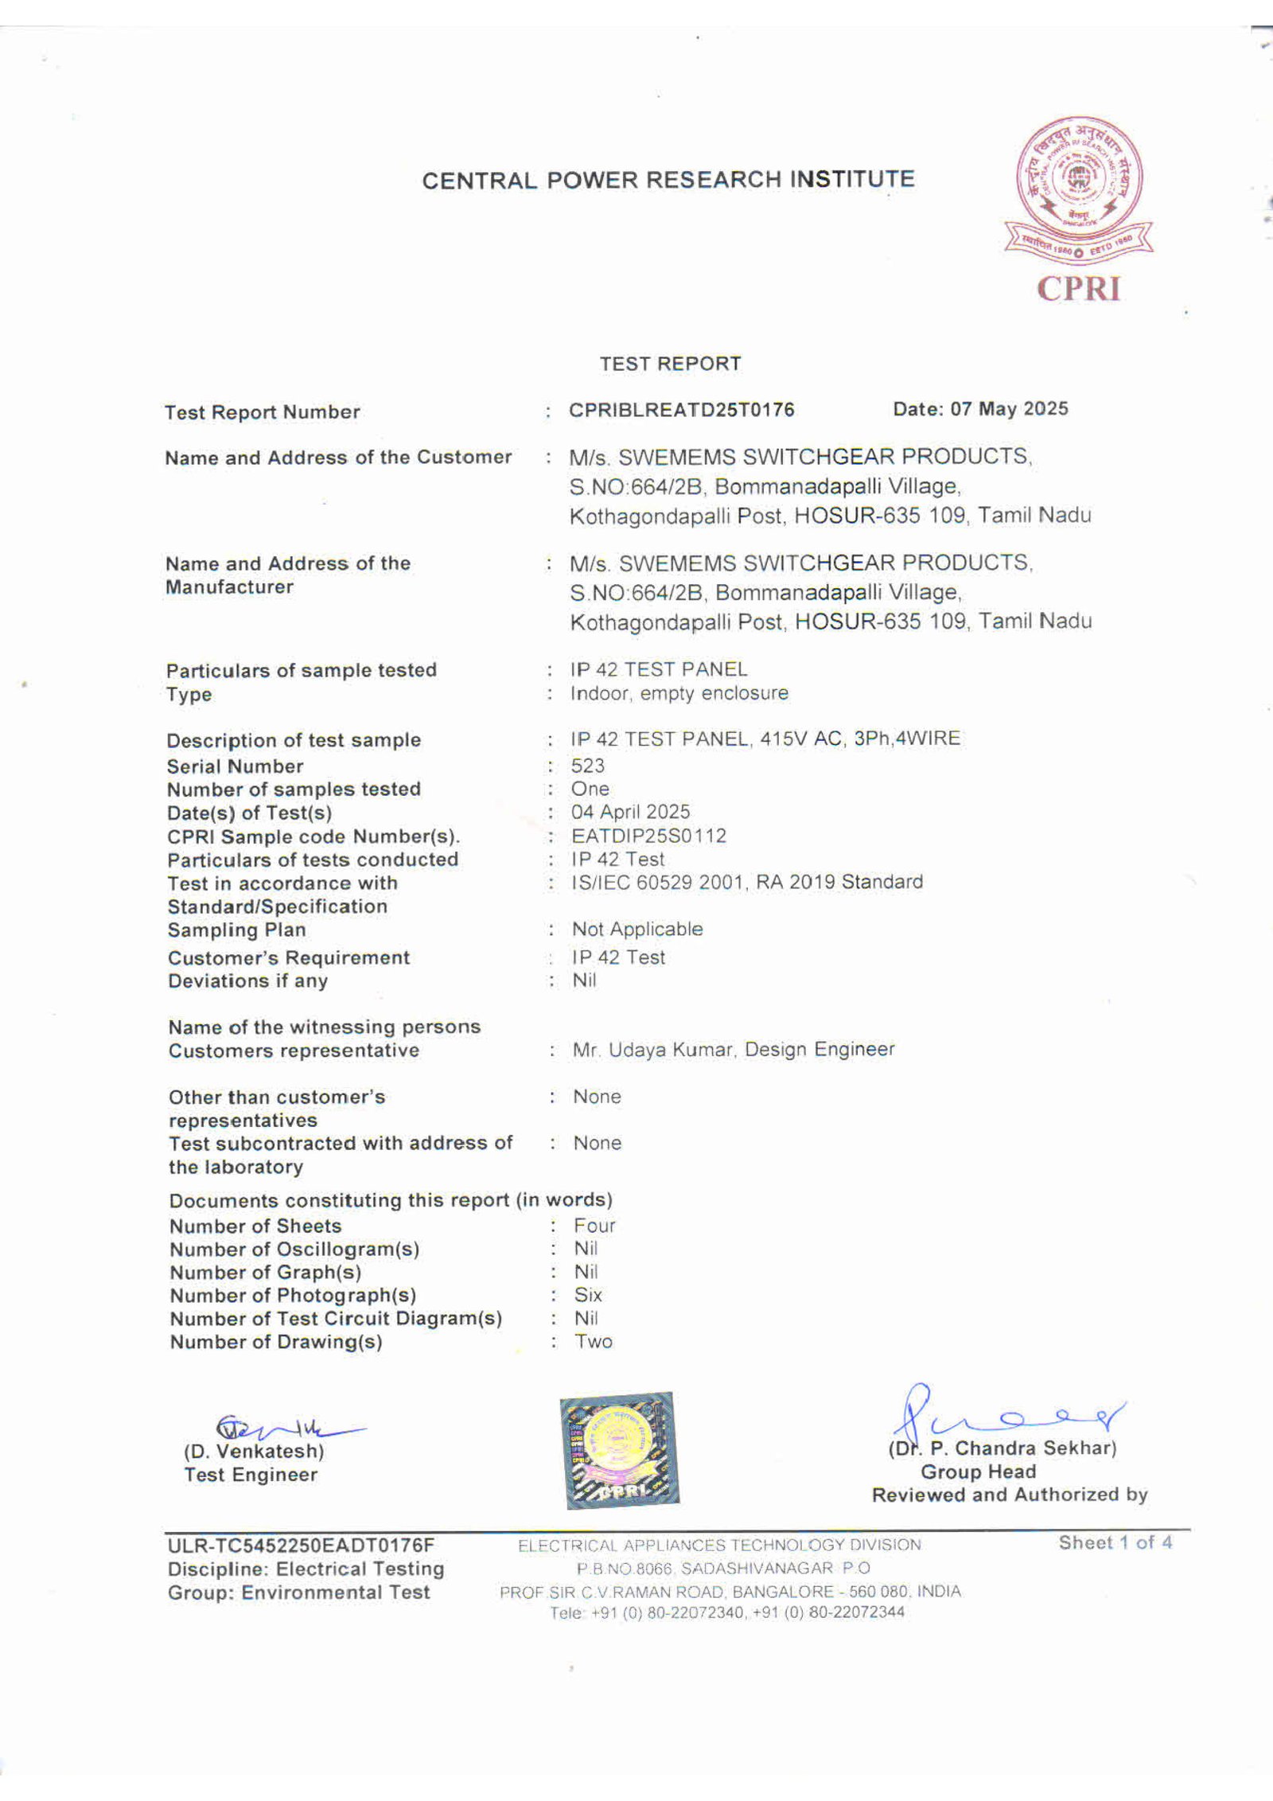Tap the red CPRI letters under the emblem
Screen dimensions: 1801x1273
pyautogui.click(x=1079, y=288)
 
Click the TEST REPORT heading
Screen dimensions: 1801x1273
pyautogui.click(x=670, y=364)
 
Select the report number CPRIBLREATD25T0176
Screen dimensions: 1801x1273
pyautogui.click(x=681, y=410)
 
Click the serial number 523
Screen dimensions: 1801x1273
pyautogui.click(x=587, y=766)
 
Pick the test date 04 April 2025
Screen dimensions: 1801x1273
pyautogui.click(x=630, y=812)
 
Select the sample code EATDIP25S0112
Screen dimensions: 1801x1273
pyautogui.click(x=648, y=836)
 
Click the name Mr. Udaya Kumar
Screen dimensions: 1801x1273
pyautogui.click(x=641, y=1050)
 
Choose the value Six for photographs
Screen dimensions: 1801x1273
pyautogui.click(x=588, y=1295)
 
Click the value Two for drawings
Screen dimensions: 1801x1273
pyautogui.click(x=594, y=1341)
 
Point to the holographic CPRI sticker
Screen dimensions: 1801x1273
pyautogui.click(x=620, y=1451)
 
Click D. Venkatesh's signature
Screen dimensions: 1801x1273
pyautogui.click(x=286, y=1425)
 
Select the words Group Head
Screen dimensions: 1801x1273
pyautogui.click(x=978, y=1472)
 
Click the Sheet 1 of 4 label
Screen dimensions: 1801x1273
pyautogui.click(x=1115, y=1542)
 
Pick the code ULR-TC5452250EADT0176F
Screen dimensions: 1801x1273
pyautogui.click(x=301, y=1546)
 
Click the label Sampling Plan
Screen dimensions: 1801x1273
pyautogui.click(x=236, y=930)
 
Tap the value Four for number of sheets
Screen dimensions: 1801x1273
pyautogui.click(x=594, y=1226)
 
